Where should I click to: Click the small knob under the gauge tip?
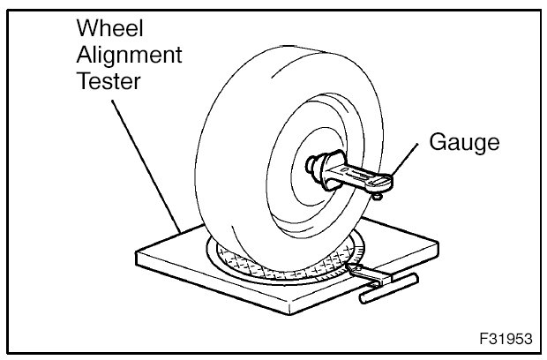tap(377, 198)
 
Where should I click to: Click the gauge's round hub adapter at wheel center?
tap(323, 169)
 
